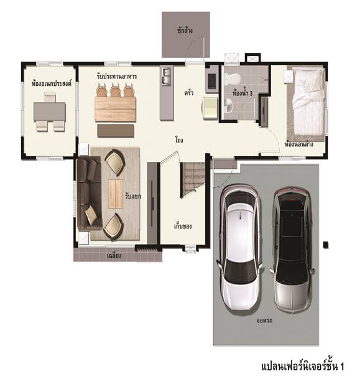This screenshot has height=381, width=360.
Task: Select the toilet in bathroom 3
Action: [232, 78]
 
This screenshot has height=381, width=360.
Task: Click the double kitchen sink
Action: [166, 76]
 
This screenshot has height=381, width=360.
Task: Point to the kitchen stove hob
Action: [211, 81]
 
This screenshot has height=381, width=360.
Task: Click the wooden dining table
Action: [115, 109]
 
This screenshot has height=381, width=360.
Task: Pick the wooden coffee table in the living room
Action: [116, 194]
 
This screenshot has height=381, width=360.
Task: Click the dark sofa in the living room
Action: [89, 193]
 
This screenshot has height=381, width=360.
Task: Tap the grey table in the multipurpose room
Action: [50, 111]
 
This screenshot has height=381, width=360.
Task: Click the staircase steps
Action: [193, 178]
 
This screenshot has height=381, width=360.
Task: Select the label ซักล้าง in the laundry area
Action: [185, 31]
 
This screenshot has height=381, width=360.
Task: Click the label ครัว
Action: [189, 93]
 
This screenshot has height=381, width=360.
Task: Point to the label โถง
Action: [179, 140]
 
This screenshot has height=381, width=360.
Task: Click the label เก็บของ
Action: [183, 226]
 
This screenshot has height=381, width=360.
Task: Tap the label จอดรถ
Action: [264, 321]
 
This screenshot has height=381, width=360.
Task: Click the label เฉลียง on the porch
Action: [114, 256]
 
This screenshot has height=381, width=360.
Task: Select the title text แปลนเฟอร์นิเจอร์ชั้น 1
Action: [303, 367]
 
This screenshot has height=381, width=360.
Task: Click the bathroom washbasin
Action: [228, 105]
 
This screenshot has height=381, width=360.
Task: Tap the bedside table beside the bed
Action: [289, 77]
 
